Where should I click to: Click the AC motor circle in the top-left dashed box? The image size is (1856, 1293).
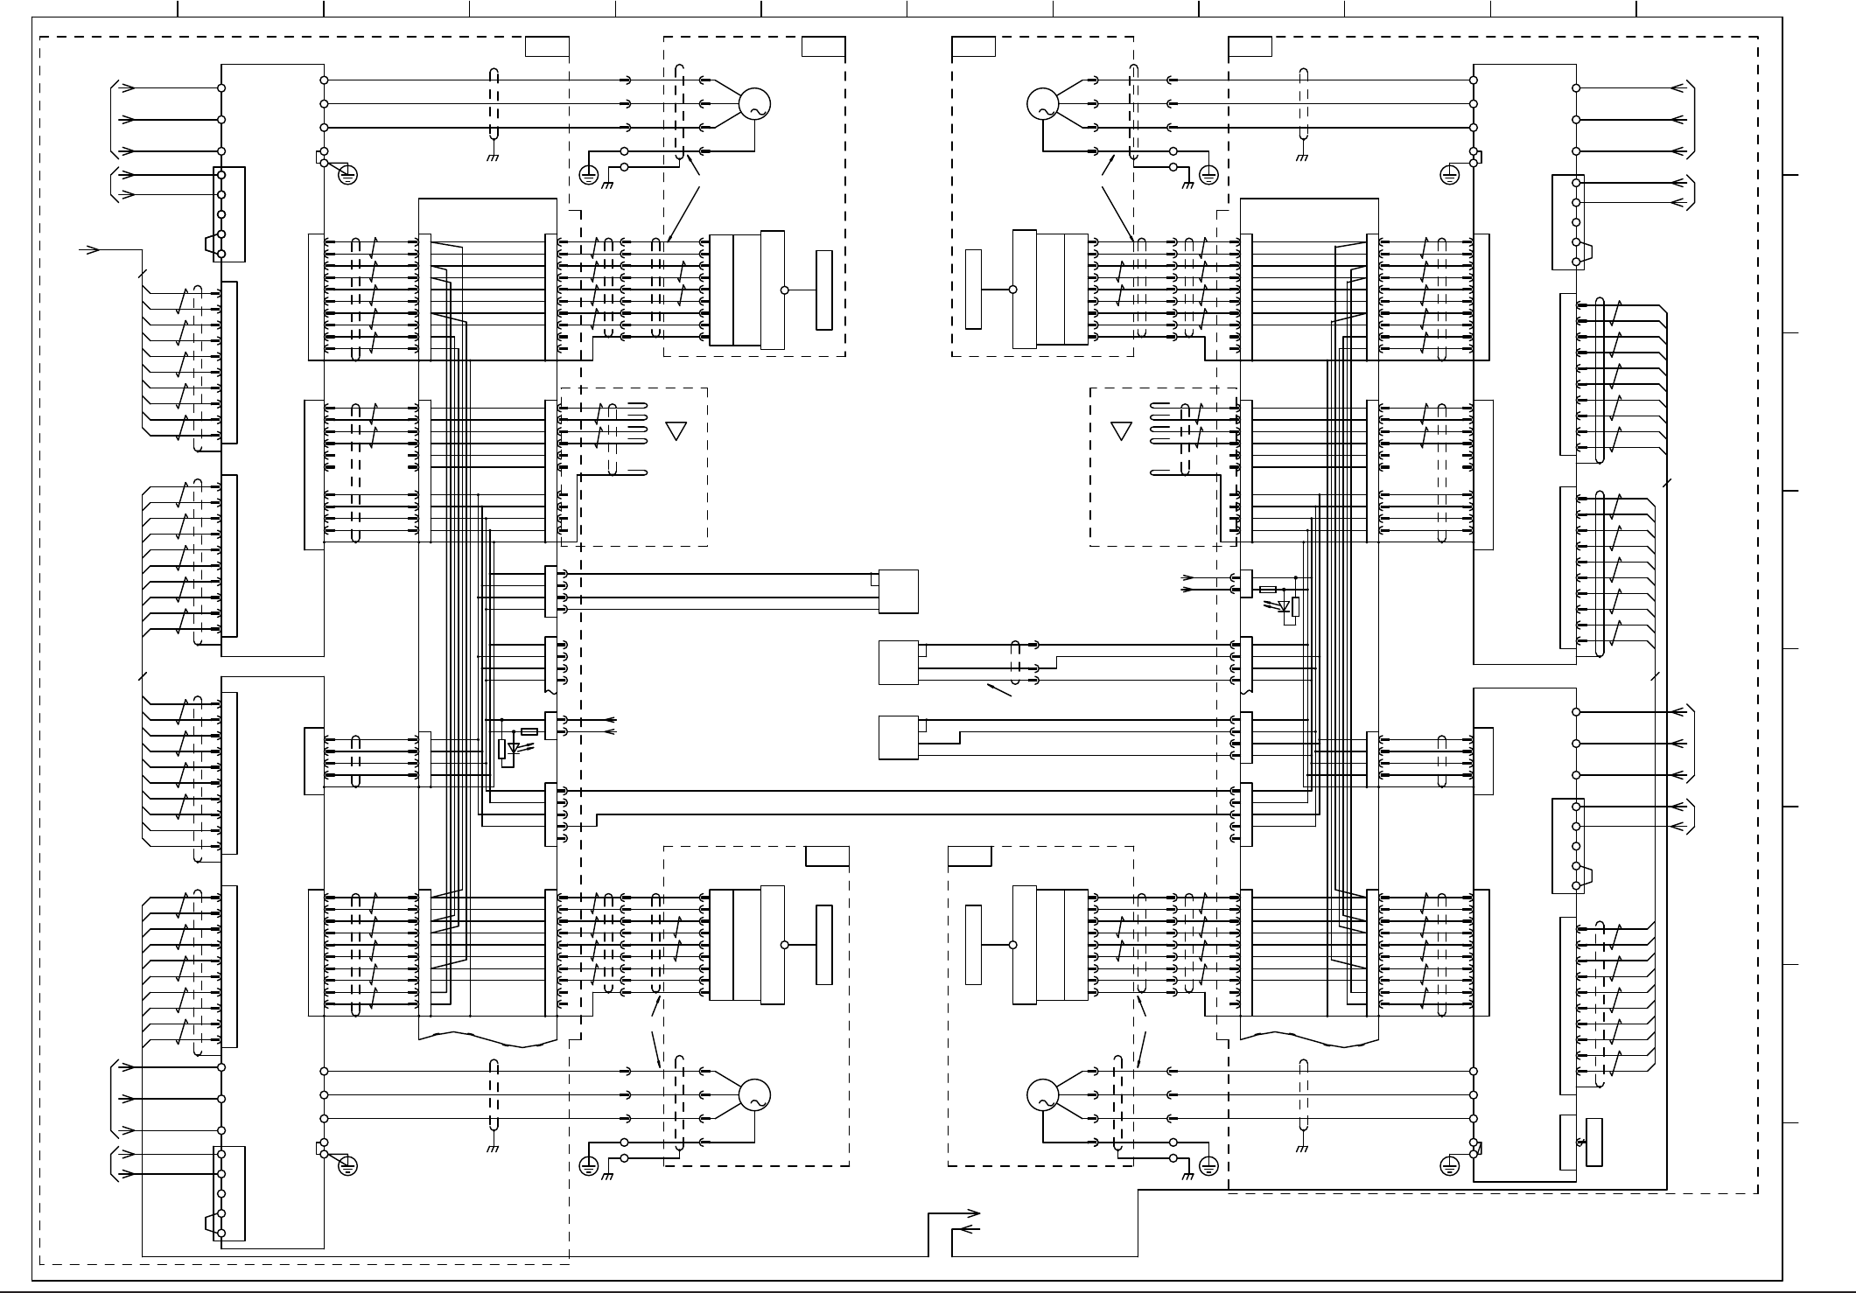754,104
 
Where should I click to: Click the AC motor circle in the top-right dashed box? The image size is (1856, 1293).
1042,104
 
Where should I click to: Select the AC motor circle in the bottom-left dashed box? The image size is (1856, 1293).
754,1095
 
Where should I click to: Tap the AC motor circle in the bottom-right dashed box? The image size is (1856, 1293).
1042,1095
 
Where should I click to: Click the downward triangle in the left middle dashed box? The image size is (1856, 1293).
676,430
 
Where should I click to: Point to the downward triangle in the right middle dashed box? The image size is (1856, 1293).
1121,430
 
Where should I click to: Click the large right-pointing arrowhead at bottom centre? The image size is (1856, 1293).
972,1213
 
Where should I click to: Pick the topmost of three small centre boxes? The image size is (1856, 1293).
898,591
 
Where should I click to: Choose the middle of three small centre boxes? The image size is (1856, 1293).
898,662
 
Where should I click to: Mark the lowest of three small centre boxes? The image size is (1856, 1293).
898,737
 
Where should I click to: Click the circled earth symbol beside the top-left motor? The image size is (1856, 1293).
589,175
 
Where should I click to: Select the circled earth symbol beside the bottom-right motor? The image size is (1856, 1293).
1208,1165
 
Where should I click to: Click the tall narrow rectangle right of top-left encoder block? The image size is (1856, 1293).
823,290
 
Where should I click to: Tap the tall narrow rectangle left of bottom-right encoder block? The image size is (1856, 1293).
973,945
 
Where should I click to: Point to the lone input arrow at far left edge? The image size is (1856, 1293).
90,250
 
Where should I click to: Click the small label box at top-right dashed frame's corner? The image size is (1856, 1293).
1250,46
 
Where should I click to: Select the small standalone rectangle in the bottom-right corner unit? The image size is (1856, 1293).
1593,1142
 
